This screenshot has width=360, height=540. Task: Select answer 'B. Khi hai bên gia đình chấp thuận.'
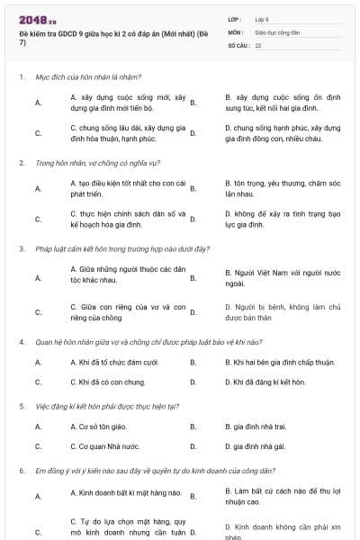[x=279, y=362]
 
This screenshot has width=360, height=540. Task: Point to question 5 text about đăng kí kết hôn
[x=107, y=406]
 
